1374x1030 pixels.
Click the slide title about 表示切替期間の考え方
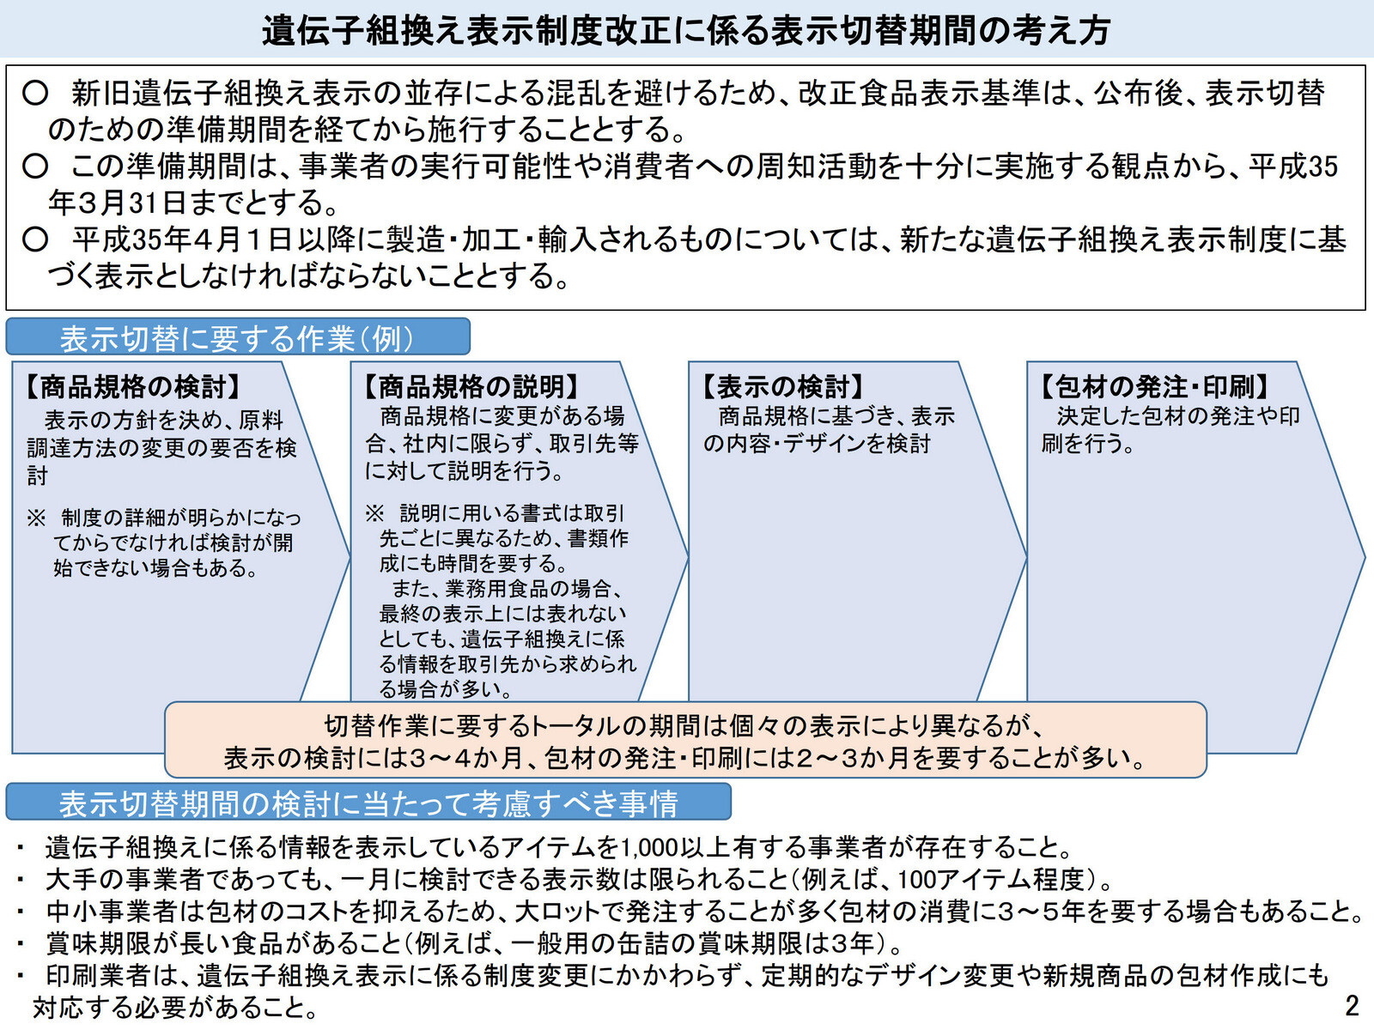point(686,30)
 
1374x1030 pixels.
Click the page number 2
point(1352,1005)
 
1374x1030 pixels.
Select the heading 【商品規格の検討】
point(133,387)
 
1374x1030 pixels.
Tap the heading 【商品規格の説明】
point(471,387)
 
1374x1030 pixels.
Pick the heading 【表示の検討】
point(782,387)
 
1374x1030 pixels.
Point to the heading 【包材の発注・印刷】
point(1155,387)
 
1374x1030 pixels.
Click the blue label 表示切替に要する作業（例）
point(237,338)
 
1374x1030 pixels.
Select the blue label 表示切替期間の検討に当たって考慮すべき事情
point(368,803)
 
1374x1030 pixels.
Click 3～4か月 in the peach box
point(469,758)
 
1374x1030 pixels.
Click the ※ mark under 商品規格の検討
point(36,518)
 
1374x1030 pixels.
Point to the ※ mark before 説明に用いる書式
point(374,513)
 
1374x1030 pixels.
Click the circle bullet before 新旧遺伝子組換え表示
point(35,93)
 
